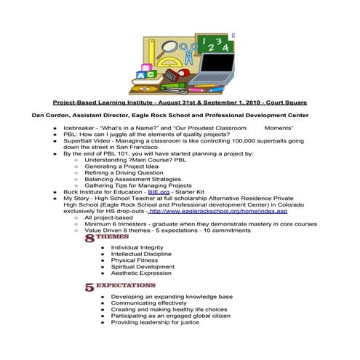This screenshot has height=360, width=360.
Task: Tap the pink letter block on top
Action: (x=143, y=68)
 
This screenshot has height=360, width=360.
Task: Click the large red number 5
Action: (x=89, y=287)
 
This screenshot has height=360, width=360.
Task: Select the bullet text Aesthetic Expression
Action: (x=141, y=273)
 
